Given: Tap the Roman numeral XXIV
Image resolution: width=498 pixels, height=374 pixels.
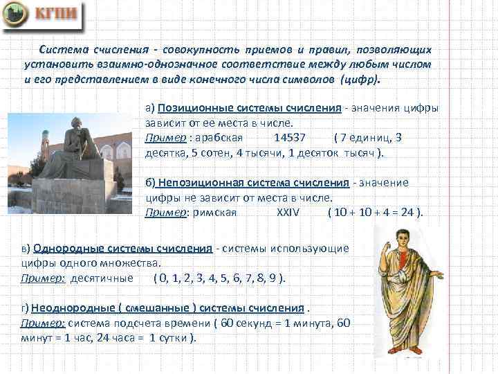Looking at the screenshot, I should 288,212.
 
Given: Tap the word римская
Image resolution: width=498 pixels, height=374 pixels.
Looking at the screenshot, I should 214,212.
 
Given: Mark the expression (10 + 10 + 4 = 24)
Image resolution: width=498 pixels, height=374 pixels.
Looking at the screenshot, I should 375,212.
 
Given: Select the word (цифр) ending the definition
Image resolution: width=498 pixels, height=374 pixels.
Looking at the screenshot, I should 360,79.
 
